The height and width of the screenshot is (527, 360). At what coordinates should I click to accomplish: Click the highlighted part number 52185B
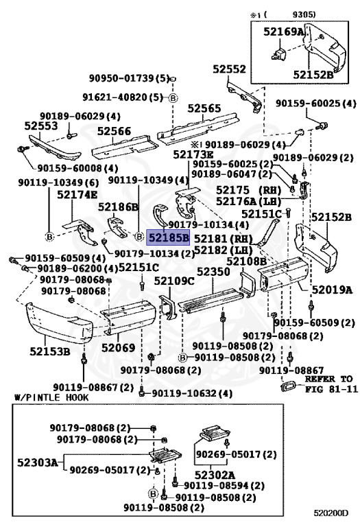tap(168, 238)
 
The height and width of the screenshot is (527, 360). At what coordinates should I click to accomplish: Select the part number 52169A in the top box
tap(282, 31)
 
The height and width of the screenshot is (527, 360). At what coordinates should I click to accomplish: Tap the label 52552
tap(228, 69)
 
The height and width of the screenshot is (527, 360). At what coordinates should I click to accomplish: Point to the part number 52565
tap(205, 108)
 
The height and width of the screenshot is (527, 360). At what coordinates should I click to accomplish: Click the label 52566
tap(114, 131)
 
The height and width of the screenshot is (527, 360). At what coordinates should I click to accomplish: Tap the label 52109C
tap(173, 281)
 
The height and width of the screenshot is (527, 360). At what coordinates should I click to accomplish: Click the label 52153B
tap(49, 352)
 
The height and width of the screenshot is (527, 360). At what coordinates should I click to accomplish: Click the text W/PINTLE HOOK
tap(47, 398)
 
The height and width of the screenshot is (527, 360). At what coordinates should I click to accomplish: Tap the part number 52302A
tap(214, 474)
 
